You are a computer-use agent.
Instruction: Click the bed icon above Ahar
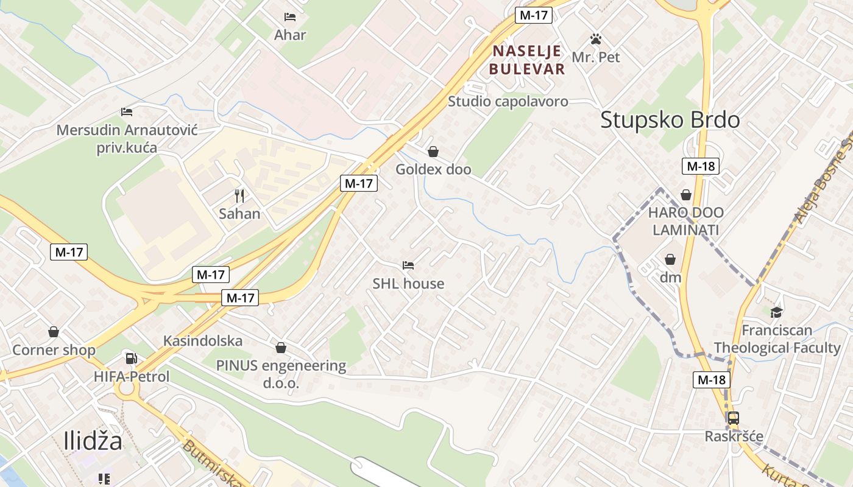pyautogui.click(x=290, y=17)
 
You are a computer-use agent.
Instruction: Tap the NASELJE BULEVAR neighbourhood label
pyautogui.click(x=527, y=60)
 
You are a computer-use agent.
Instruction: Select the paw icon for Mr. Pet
pyautogui.click(x=596, y=40)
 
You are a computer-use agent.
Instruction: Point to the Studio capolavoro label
pyautogui.click(x=508, y=102)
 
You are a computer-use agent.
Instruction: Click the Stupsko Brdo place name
pyautogui.click(x=670, y=120)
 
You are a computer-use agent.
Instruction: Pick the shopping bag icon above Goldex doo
pyautogui.click(x=433, y=152)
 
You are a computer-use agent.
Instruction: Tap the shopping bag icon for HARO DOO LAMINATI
pyautogui.click(x=686, y=195)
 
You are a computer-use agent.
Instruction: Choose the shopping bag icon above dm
pyautogui.click(x=670, y=260)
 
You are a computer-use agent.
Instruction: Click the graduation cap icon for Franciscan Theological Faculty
pyautogui.click(x=776, y=313)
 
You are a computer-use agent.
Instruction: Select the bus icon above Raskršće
pyautogui.click(x=734, y=418)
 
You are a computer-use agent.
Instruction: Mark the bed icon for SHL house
pyautogui.click(x=408, y=265)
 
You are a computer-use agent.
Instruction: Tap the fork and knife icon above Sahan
pyautogui.click(x=240, y=196)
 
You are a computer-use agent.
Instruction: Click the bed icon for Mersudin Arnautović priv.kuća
pyautogui.click(x=127, y=112)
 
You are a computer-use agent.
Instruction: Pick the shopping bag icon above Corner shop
pyautogui.click(x=54, y=332)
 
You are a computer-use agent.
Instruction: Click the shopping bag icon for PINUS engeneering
pyautogui.click(x=281, y=348)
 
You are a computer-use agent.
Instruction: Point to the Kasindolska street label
pyautogui.click(x=203, y=341)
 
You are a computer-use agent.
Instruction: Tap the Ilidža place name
pyautogui.click(x=93, y=441)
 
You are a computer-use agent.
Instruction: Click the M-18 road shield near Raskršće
pyautogui.click(x=712, y=380)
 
